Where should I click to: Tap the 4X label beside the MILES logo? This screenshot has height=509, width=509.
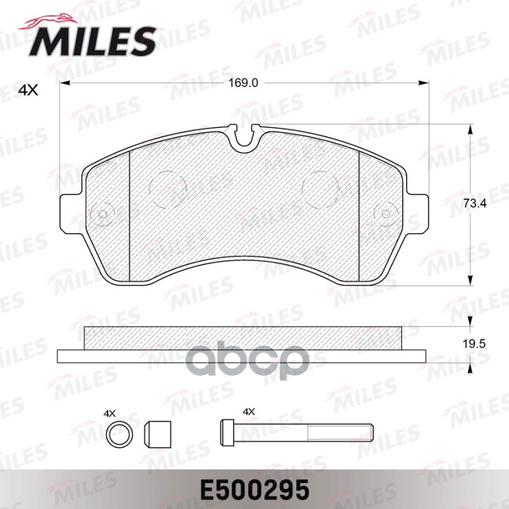click(28, 91)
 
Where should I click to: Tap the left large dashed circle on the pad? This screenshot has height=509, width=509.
click(167, 189)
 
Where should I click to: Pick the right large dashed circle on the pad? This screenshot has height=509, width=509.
click(322, 189)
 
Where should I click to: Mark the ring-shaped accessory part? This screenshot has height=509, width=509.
click(119, 435)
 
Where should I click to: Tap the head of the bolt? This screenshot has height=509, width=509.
click(227, 434)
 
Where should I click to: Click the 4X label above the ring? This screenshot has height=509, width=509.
click(110, 412)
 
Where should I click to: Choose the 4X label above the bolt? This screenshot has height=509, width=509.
click(248, 412)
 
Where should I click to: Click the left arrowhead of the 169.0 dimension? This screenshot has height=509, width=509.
click(64, 83)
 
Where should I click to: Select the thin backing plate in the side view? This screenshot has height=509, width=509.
click(242, 355)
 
